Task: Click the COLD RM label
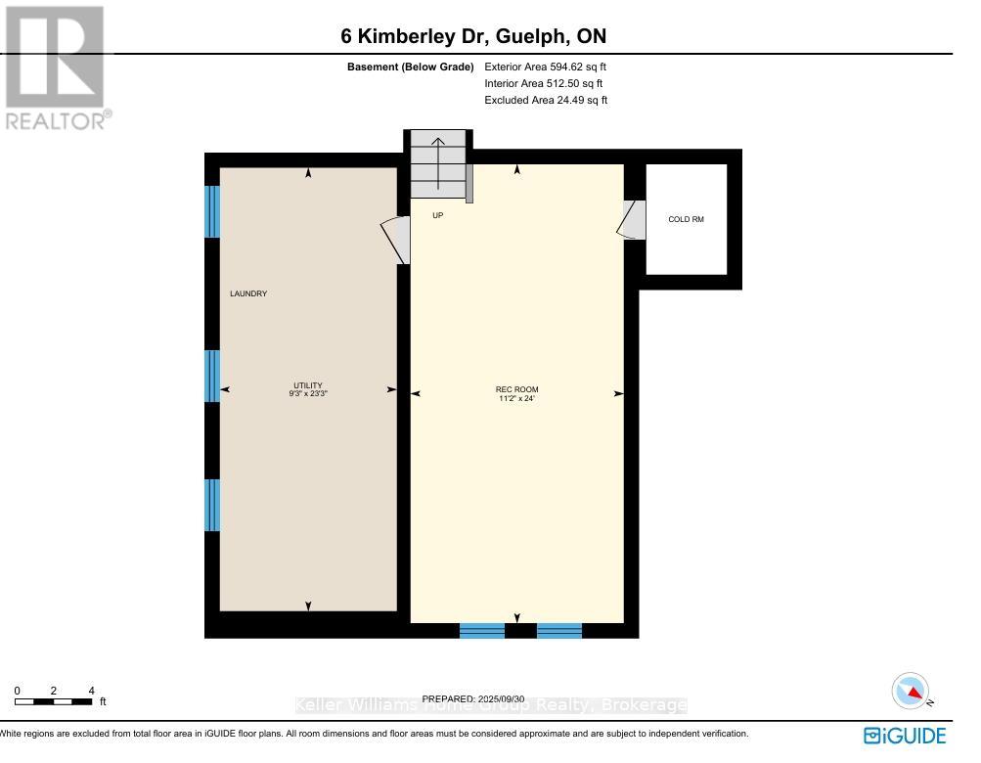point(686,219)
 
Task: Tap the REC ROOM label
point(516,389)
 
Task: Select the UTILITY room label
point(308,385)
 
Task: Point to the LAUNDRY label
point(248,293)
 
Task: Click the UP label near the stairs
point(437,215)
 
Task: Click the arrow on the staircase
point(438,157)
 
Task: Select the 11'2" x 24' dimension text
point(516,399)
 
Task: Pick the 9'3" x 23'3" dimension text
point(308,394)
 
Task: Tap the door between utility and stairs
point(396,240)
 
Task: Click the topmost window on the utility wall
point(212,211)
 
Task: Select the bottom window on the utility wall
point(212,505)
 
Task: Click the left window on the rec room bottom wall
point(482,631)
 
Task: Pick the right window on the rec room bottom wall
point(559,631)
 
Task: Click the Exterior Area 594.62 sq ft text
point(553,67)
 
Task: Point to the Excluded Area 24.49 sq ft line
point(546,100)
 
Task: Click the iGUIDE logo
point(905,736)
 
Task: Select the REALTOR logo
point(57,67)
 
